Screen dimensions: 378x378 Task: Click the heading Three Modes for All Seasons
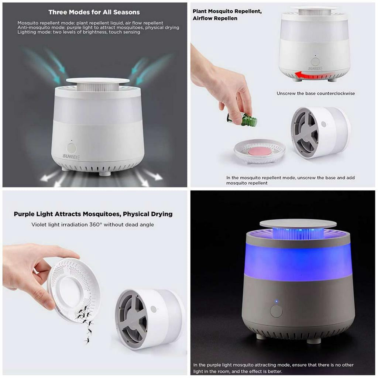(x=94, y=12)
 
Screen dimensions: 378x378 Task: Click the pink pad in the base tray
(x=260, y=151)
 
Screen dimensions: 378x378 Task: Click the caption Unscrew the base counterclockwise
(x=316, y=93)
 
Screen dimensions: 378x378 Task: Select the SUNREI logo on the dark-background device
(x=71, y=157)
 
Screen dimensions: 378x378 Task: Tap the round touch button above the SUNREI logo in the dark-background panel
(x=71, y=148)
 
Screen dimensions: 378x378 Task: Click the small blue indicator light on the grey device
(x=276, y=301)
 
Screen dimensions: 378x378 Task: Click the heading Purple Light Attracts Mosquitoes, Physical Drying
(x=93, y=214)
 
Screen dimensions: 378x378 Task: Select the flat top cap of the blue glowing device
(x=298, y=223)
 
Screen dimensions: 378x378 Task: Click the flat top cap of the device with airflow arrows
(x=97, y=80)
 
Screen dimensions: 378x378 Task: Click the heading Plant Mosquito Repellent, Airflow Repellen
(x=227, y=15)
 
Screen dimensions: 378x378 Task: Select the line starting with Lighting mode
(x=79, y=32)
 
